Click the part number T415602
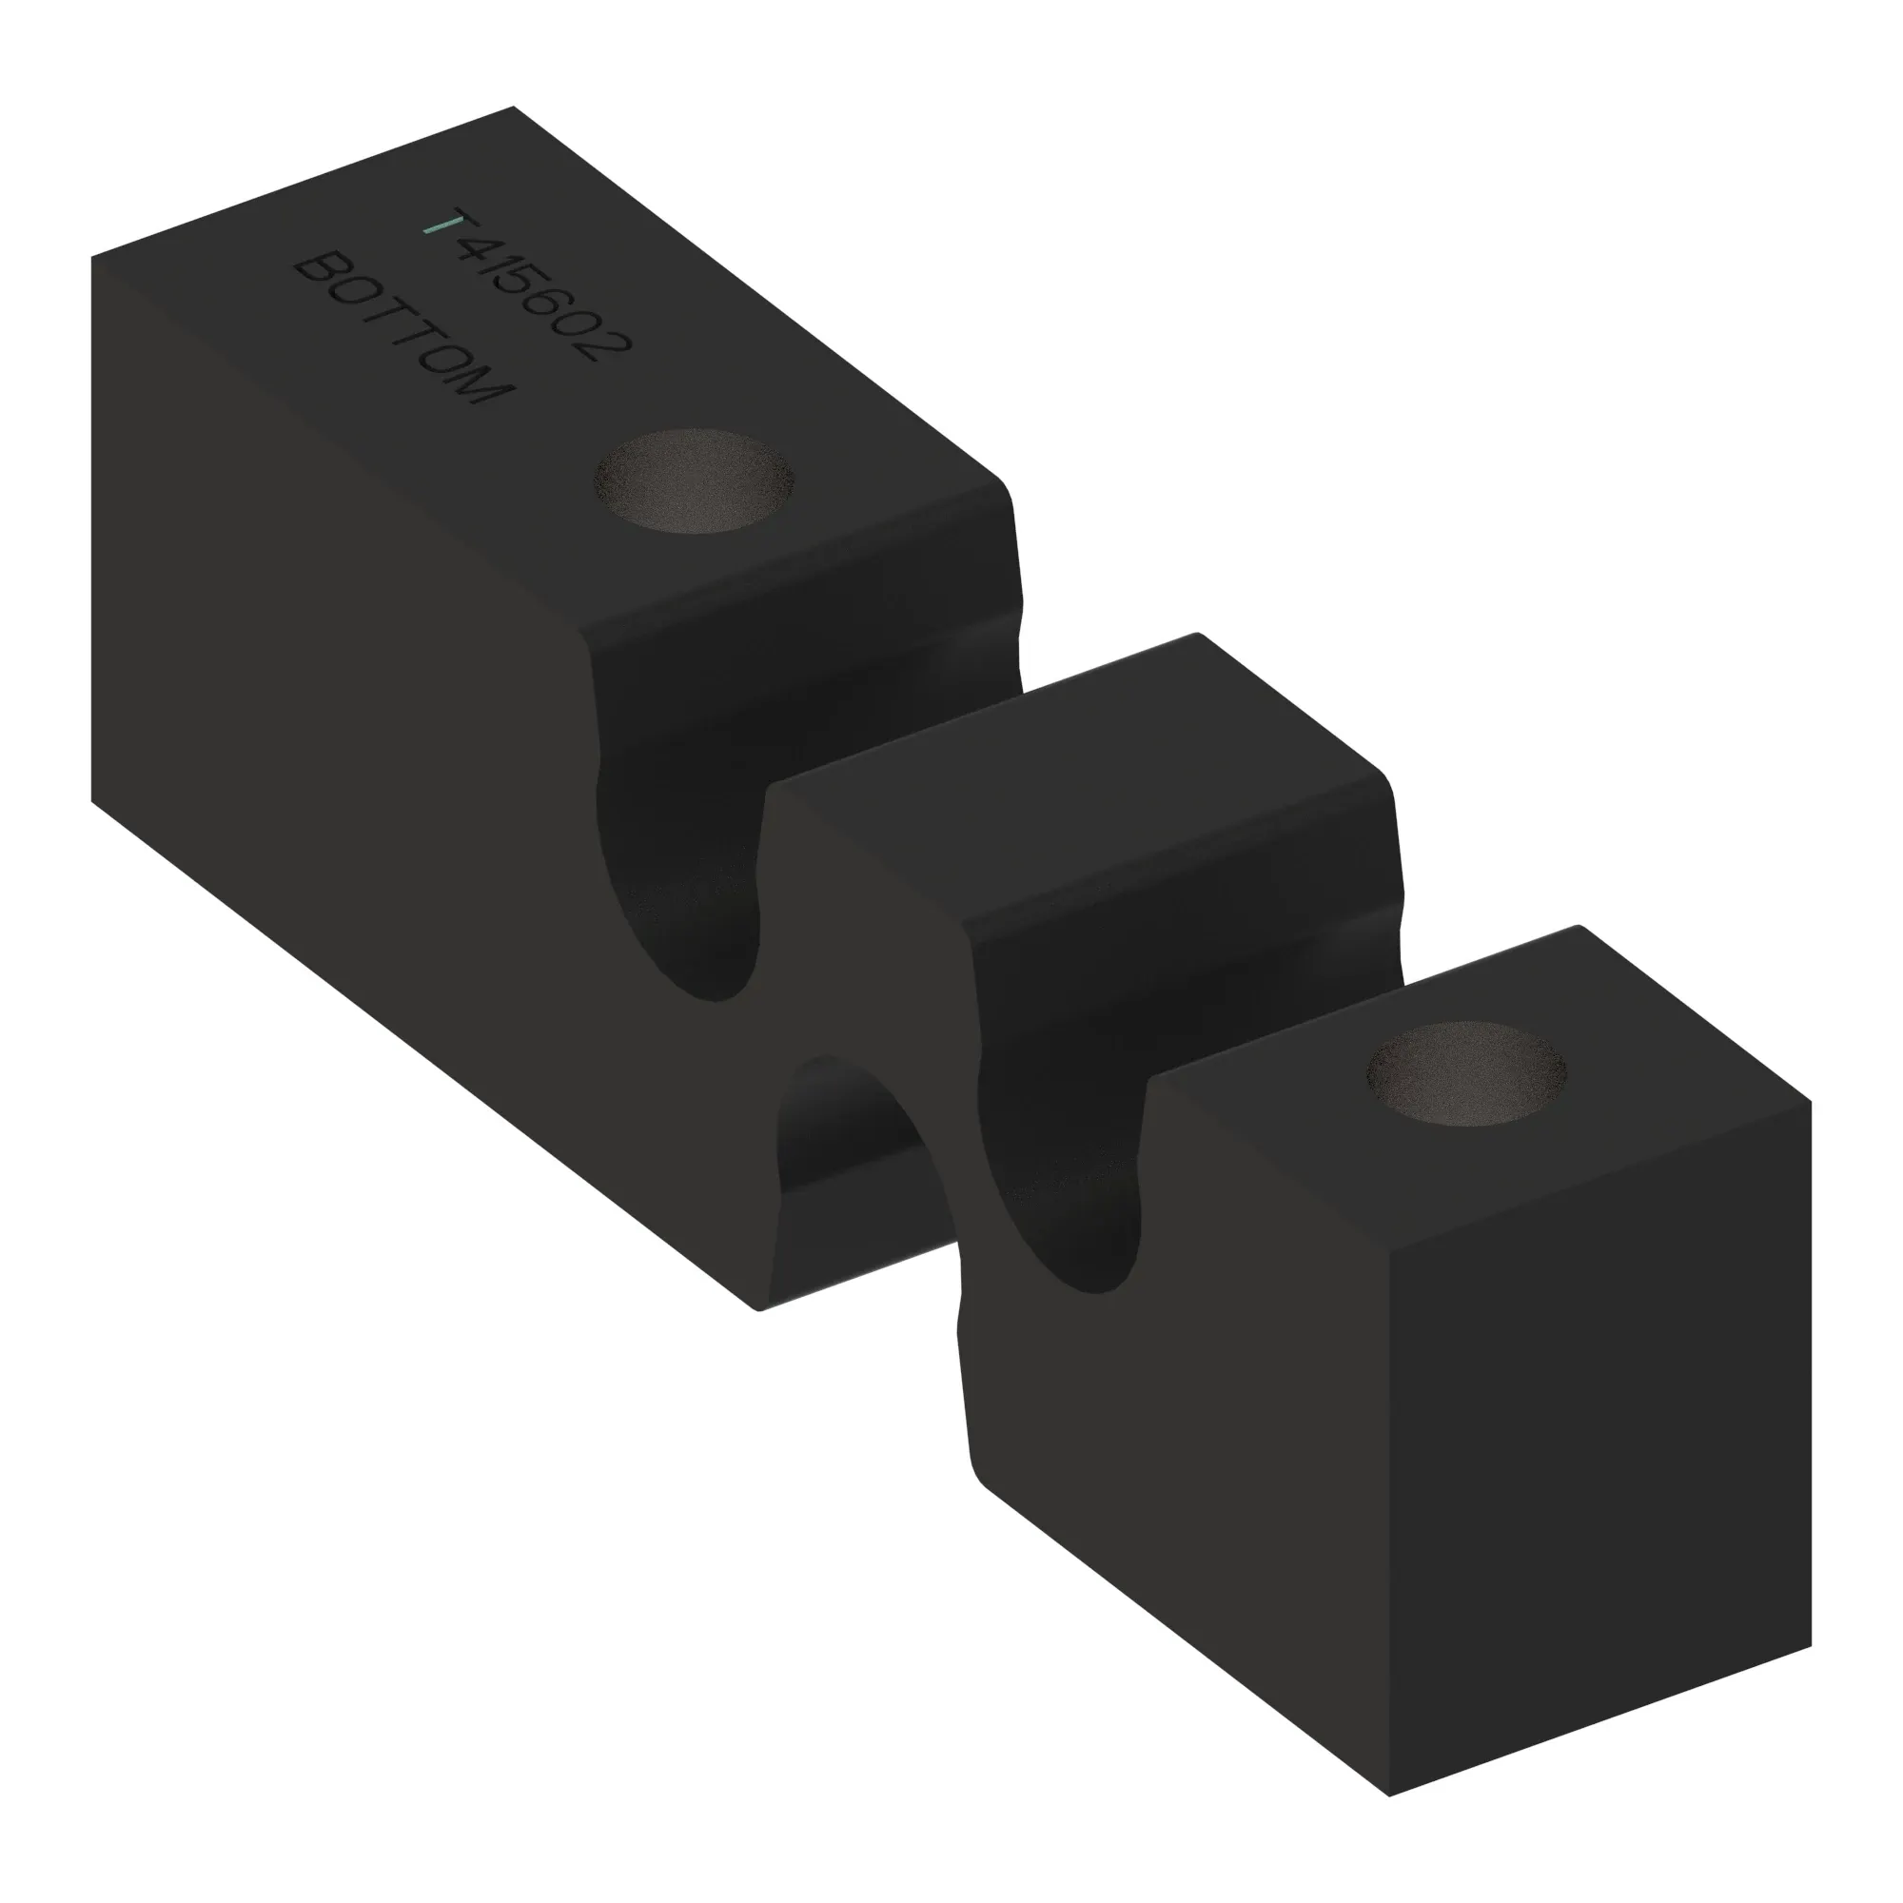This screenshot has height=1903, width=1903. click(527, 285)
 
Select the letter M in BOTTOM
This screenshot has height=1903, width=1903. click(483, 387)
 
